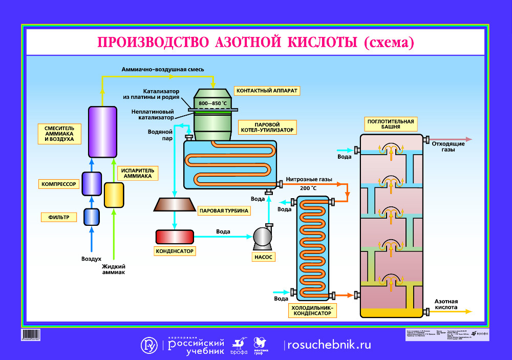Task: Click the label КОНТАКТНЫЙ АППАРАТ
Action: pyautogui.click(x=267, y=91)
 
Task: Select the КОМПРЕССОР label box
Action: pyautogui.click(x=59, y=184)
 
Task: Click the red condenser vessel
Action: pyautogui.click(x=175, y=237)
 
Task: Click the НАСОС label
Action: pyautogui.click(x=263, y=257)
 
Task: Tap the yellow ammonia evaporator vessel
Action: pyautogui.click(x=114, y=195)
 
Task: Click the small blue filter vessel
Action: pyautogui.click(x=92, y=217)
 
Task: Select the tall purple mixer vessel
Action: pyautogui.click(x=101, y=132)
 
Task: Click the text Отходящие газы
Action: pyautogui.click(x=448, y=147)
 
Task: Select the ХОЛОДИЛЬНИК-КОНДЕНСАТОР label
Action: pyautogui.click(x=311, y=310)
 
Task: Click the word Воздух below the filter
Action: pyautogui.click(x=91, y=259)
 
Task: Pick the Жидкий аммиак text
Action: pyautogui.click(x=114, y=269)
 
